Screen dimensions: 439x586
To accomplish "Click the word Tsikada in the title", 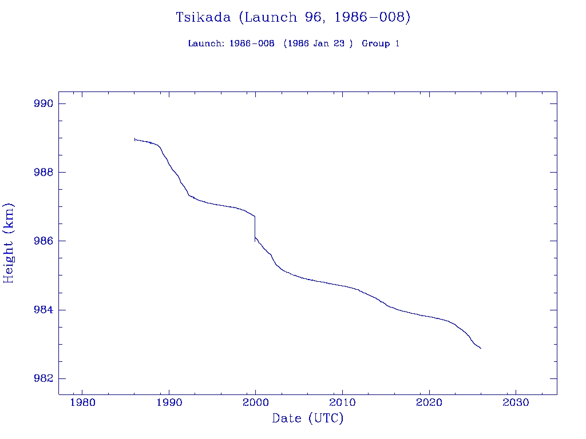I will click(x=203, y=18).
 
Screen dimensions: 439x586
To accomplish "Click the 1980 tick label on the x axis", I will click(x=82, y=401).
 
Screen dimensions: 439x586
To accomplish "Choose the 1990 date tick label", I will click(x=169, y=401).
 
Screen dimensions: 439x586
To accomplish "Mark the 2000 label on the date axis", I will click(x=255, y=401).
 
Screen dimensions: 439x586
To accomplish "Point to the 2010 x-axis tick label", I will click(x=342, y=401).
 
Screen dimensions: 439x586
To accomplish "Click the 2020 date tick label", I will click(x=429, y=401).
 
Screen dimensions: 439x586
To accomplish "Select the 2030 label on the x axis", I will click(x=516, y=401).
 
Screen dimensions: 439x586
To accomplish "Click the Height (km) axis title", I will click(x=9, y=242).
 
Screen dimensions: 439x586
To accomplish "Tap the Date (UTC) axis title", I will click(x=308, y=419).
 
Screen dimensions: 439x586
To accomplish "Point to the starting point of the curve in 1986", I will click(x=134, y=139).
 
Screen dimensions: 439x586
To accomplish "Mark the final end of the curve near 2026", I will click(x=481, y=348).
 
